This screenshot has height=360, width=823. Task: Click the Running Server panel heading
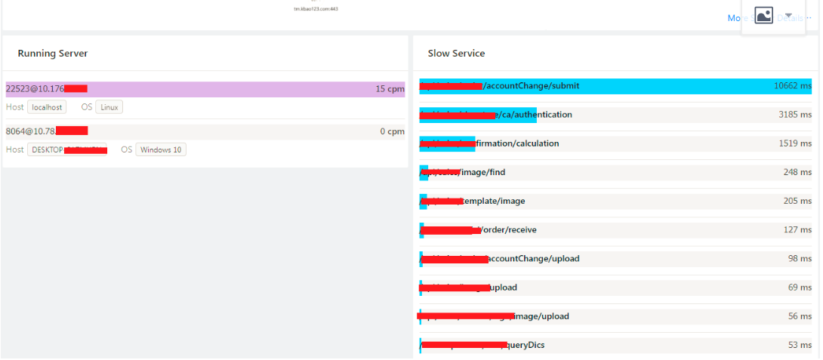tap(53, 54)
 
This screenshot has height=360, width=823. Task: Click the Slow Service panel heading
tap(456, 54)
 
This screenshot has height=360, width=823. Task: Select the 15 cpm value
tap(390, 89)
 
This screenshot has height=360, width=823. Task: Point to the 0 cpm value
tap(393, 131)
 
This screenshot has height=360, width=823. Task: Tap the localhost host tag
tap(47, 107)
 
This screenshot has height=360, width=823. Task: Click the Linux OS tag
tap(109, 107)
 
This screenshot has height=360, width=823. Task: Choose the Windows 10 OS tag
tap(161, 149)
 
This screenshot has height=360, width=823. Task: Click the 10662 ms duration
tap(793, 86)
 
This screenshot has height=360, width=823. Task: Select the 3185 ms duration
tap(795, 115)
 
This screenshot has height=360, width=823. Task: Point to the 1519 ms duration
tap(795, 143)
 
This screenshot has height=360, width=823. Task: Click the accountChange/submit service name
tap(532, 86)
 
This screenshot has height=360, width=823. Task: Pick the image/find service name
tap(483, 172)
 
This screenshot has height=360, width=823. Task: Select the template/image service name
tap(494, 201)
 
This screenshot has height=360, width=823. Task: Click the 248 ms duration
tap(797, 172)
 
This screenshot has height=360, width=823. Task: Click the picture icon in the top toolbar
tap(764, 16)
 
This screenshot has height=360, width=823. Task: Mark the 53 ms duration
tap(800, 345)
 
